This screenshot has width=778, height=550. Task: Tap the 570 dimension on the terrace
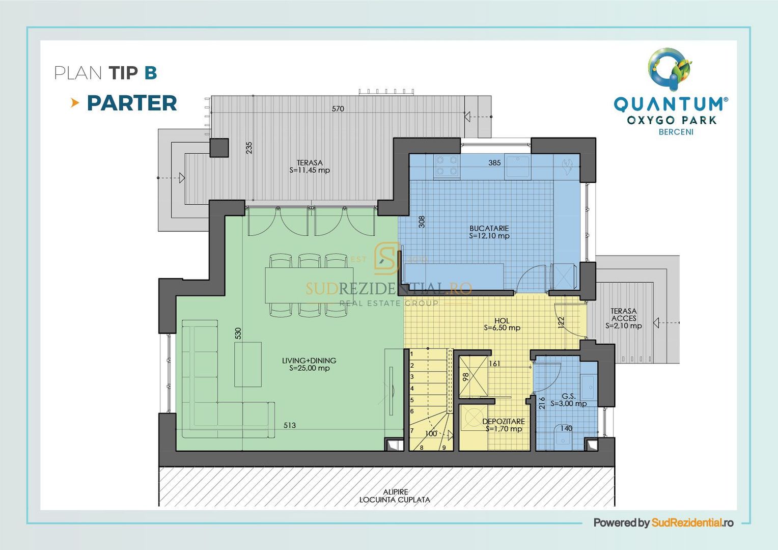click(x=338, y=108)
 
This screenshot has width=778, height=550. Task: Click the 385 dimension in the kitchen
click(x=494, y=163)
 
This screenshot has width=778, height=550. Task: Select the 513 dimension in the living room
click(x=289, y=425)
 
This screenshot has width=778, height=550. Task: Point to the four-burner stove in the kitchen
click(x=447, y=167)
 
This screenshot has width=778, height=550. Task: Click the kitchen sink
click(x=518, y=167)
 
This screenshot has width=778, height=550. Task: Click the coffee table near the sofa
click(x=248, y=364)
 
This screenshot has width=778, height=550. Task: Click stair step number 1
click(x=412, y=353)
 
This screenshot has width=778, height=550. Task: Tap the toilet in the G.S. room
click(x=563, y=437)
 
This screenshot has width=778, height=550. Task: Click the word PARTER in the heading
click(x=132, y=103)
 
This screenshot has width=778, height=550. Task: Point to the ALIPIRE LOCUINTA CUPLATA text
click(x=395, y=496)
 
